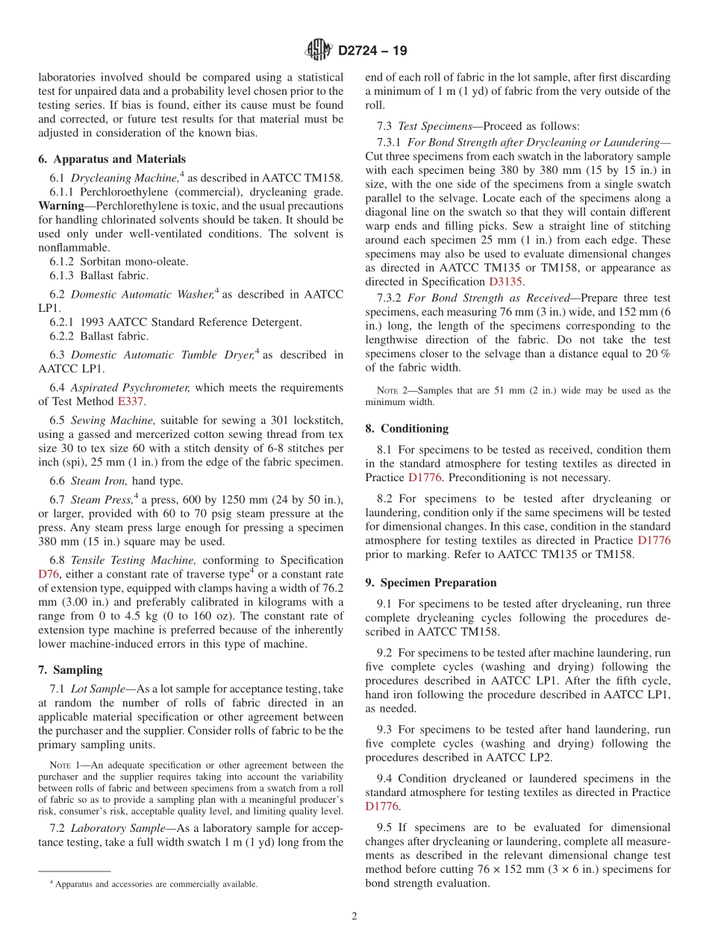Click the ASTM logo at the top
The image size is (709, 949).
point(319,51)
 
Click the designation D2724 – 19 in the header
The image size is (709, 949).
point(372,51)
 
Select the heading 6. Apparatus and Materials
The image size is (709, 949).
point(112,159)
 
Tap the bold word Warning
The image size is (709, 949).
point(60,205)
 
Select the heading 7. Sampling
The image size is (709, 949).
point(70,670)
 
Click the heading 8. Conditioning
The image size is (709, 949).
point(407,428)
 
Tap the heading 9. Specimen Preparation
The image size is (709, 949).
point(431,582)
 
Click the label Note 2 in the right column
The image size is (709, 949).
point(387,390)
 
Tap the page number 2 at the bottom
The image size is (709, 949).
point(354,916)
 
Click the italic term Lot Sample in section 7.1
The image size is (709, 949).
point(98,689)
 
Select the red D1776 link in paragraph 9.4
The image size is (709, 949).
point(382,807)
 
